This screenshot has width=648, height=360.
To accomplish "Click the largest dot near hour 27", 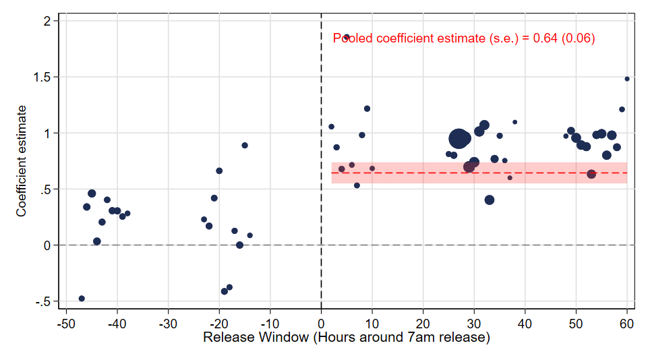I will coord(459,139).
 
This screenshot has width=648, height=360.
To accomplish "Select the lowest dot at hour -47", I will coord(82,298).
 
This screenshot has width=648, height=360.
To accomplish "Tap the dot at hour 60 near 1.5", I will coord(627,79).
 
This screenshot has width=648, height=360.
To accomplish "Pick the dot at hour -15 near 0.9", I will coord(245,145).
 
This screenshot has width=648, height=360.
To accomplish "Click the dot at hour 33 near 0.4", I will coord(490,200).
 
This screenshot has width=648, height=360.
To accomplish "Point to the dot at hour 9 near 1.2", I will coord(367,109).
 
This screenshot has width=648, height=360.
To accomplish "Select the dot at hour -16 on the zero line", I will coord(239,245).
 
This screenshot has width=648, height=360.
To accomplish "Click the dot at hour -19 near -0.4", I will coord(225,291).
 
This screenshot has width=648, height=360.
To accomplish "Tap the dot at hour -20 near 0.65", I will coord(219,171).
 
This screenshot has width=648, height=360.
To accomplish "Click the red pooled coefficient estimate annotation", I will coord(464,38).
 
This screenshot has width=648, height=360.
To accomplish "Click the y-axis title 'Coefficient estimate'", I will coord(22,160).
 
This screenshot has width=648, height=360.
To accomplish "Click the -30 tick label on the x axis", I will coord(168,323).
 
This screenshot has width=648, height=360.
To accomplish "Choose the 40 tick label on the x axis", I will coord(525,323).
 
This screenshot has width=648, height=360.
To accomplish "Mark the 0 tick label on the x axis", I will coord(321,323).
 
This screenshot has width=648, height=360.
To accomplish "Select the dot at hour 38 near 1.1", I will coord(514,122).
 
